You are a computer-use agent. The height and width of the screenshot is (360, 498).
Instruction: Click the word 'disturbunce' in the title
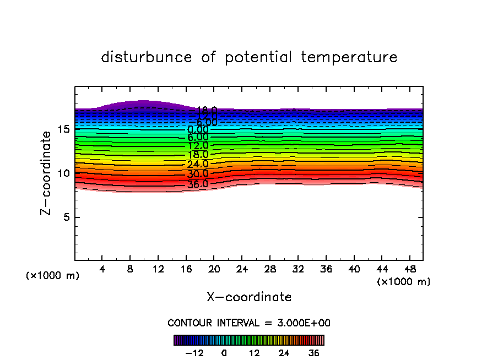click(147, 57)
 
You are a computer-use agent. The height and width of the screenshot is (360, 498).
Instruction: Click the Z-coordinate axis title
click(48, 173)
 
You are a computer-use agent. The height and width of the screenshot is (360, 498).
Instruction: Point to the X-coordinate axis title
click(249, 297)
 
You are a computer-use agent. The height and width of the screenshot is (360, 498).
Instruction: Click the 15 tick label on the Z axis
click(63, 130)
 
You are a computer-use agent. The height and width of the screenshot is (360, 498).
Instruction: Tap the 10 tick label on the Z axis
click(63, 173)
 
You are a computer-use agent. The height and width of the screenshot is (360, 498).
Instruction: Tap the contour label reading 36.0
click(198, 184)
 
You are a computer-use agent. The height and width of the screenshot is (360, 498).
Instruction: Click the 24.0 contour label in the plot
click(198, 164)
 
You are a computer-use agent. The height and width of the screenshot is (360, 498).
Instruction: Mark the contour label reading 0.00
click(198, 130)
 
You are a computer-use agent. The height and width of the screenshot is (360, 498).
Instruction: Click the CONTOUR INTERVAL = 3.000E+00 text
click(249, 323)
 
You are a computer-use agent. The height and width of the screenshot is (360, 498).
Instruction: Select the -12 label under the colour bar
click(195, 353)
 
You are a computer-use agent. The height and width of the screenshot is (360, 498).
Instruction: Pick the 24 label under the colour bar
click(284, 353)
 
